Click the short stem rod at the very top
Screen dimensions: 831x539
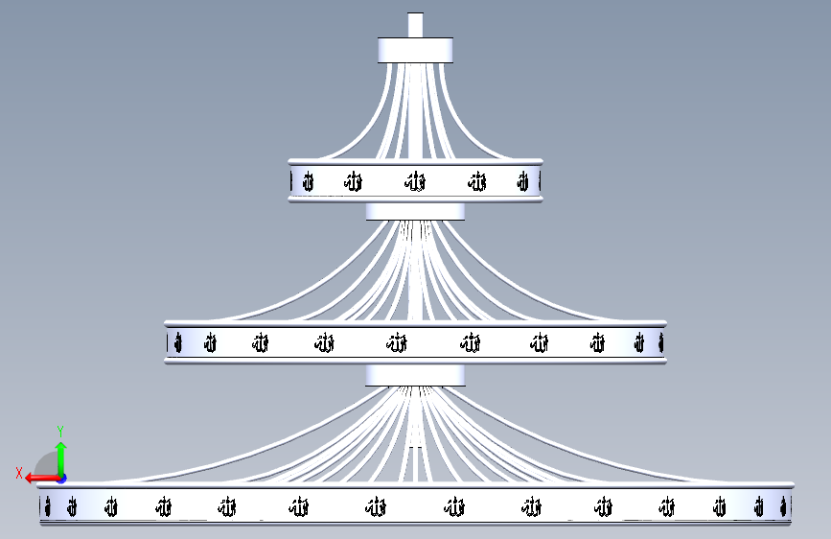(x=415, y=25)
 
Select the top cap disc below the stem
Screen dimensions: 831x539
(x=415, y=50)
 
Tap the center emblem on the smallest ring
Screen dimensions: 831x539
(x=415, y=181)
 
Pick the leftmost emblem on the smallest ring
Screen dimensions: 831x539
(x=308, y=181)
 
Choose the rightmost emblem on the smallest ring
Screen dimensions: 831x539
(x=522, y=181)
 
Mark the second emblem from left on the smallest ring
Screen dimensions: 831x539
(x=354, y=181)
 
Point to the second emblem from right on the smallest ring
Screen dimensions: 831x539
(x=477, y=181)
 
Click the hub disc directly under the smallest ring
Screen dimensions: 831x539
(x=415, y=211)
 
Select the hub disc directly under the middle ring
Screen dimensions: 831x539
(x=415, y=374)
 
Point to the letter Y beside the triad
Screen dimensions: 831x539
(x=60, y=431)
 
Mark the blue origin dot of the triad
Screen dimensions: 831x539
(x=60, y=478)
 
